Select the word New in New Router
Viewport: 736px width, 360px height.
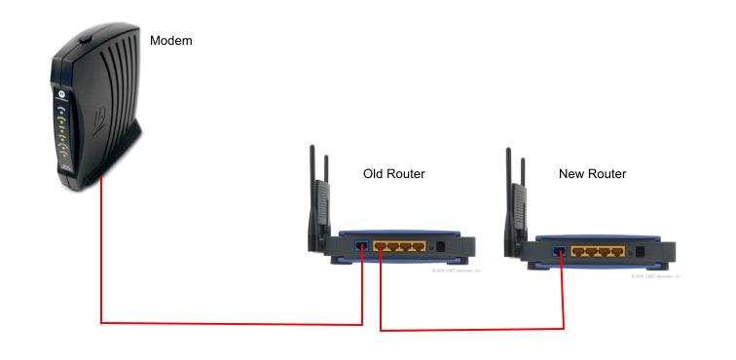[572, 173]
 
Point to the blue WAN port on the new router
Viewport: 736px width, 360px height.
[560, 252]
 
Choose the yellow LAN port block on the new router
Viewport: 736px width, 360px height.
[597, 252]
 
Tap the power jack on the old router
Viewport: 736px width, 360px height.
[440, 247]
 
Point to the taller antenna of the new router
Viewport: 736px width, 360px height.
[509, 195]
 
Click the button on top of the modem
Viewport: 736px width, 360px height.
[85, 40]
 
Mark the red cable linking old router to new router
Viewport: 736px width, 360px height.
[467, 330]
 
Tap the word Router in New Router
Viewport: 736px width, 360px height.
[607, 173]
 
